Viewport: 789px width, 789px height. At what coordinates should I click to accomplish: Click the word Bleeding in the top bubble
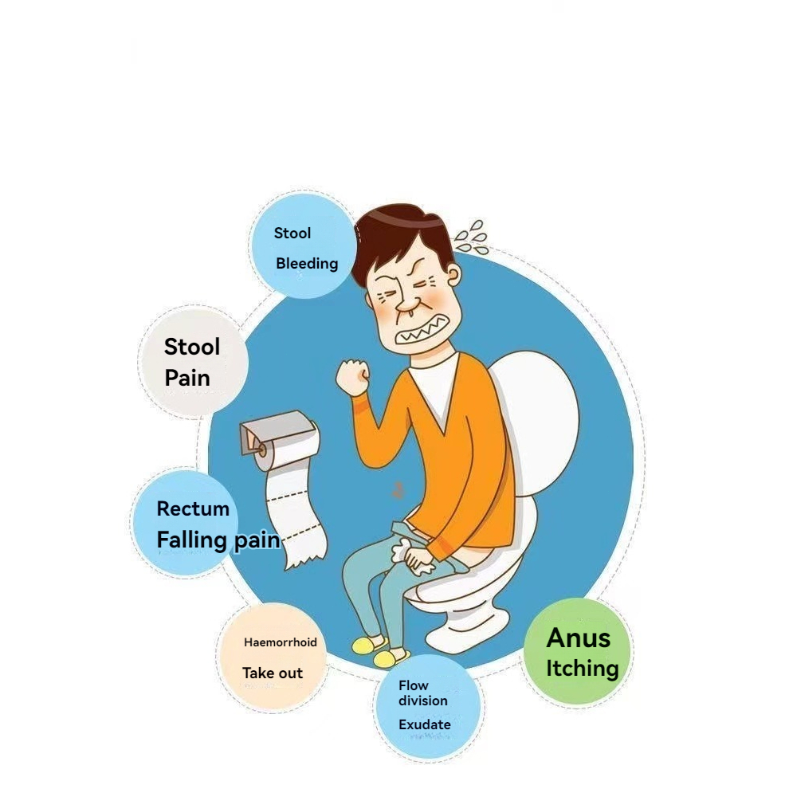[x=307, y=264]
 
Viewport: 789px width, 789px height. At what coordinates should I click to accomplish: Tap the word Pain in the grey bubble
[x=187, y=378]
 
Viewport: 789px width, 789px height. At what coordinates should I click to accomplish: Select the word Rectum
[x=193, y=508]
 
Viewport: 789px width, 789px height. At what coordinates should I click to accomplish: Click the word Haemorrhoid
[x=281, y=642]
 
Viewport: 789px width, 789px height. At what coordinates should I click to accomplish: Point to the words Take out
[x=273, y=673]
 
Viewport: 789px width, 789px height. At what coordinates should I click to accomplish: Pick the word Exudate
[x=425, y=724]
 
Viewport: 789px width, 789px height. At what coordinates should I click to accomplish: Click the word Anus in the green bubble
[x=578, y=638]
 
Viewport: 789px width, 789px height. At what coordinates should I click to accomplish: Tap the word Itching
[x=583, y=669]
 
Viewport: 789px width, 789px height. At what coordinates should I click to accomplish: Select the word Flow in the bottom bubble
[x=413, y=685]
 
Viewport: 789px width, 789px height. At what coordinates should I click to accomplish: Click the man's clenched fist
[x=353, y=376]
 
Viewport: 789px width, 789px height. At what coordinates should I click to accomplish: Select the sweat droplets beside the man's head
[x=472, y=237]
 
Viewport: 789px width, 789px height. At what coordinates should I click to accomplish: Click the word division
[x=422, y=701]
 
